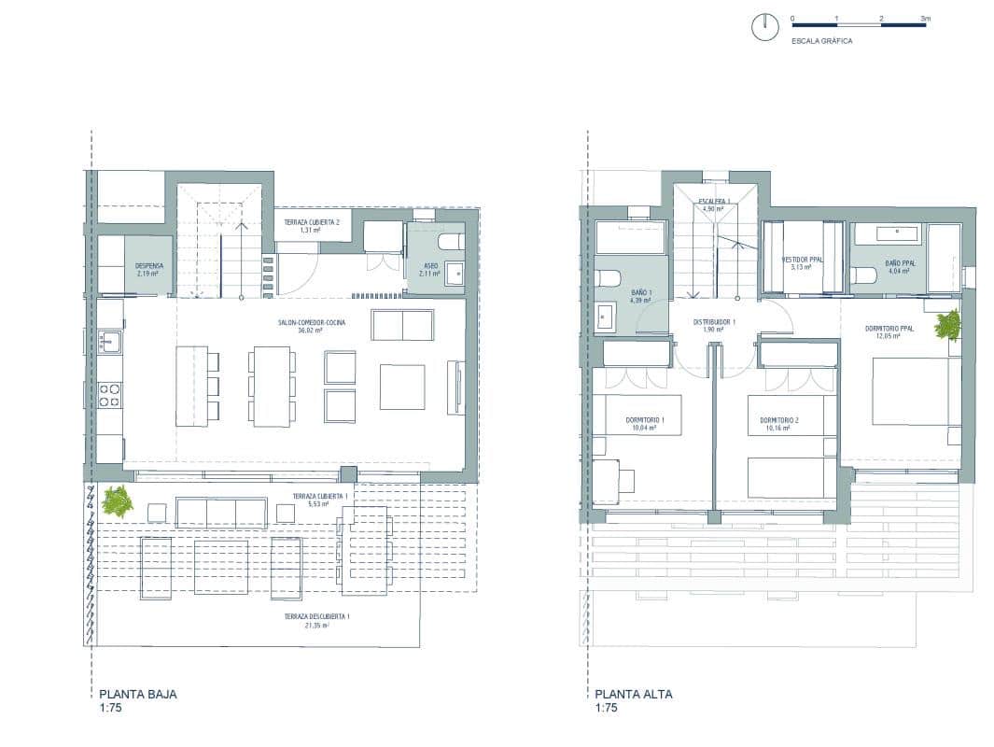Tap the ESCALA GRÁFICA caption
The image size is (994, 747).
point(821,41)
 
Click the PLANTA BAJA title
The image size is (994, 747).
point(137,694)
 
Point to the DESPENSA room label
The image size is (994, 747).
point(149,266)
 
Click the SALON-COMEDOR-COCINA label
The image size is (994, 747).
point(312,322)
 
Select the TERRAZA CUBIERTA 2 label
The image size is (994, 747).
point(312,221)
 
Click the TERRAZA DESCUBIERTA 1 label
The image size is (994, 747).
point(317,617)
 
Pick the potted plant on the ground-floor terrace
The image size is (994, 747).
point(118,501)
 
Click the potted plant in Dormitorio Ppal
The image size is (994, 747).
point(947,324)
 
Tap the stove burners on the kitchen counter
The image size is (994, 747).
point(110,394)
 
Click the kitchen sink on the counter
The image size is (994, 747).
point(110,342)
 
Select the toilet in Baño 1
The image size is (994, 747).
point(609,278)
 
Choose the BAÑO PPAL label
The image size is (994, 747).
point(900,264)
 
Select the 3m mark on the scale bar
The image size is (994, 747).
point(925,18)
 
